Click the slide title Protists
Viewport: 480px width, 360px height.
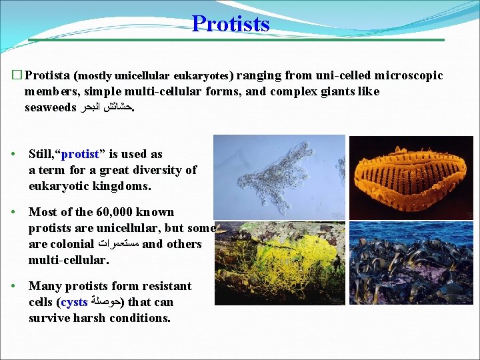tap(231, 23)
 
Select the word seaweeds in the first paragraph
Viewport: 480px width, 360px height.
tap(50, 107)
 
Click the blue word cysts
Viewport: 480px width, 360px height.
tap(73, 302)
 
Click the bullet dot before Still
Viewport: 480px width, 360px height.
tap(13, 155)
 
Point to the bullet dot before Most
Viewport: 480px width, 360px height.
tap(13, 213)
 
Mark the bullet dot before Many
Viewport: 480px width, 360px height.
tap(13, 287)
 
